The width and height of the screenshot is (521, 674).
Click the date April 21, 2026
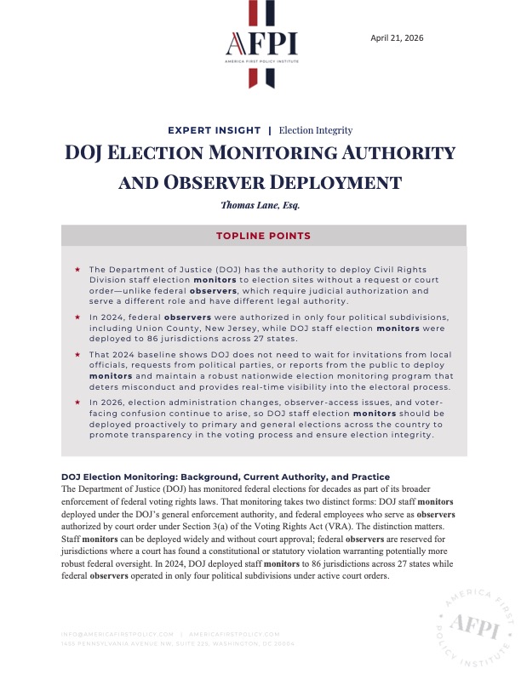(398, 37)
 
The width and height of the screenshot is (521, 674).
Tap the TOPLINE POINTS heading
(260, 236)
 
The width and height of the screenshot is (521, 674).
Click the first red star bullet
(77, 269)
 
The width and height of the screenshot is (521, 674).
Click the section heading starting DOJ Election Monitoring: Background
(226, 477)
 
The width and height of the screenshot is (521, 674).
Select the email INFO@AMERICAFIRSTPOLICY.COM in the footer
(118, 635)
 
